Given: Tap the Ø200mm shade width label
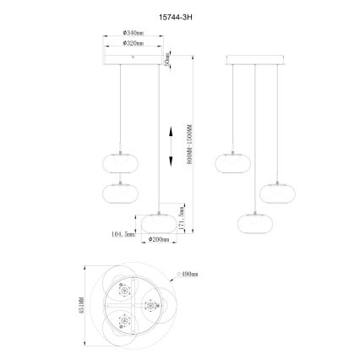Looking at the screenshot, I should (x=159, y=239).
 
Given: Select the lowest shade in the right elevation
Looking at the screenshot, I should (x=254, y=221).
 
